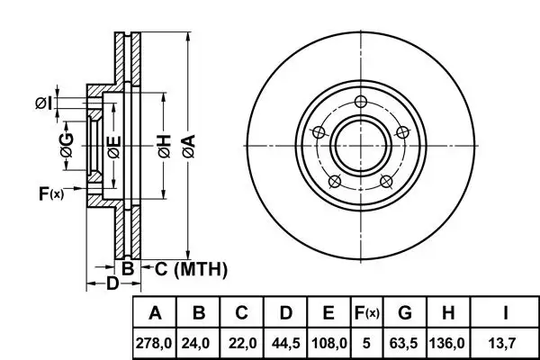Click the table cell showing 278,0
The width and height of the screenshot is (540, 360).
[154, 343]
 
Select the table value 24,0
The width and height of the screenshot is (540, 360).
[195, 343]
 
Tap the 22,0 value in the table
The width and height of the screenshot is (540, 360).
[243, 343]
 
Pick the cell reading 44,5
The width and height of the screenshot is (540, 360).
[286, 343]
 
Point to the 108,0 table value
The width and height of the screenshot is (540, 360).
[329, 343]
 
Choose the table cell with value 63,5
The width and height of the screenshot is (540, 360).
[403, 343]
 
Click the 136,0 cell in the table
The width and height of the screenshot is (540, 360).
[447, 343]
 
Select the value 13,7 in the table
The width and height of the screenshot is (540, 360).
[502, 343]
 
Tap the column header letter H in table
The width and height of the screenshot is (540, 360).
[447, 313]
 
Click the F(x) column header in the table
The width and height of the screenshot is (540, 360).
[367, 313]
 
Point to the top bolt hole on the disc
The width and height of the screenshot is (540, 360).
[361, 102]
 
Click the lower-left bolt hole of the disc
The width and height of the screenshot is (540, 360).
[335, 181]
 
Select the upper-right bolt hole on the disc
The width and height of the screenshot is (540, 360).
[402, 132]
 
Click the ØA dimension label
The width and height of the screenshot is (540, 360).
[189, 146]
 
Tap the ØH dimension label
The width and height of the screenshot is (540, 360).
[165, 146]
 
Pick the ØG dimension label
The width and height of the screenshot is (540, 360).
[67, 145]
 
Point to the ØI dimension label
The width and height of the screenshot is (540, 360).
[44, 103]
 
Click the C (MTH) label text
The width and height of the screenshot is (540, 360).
[191, 269]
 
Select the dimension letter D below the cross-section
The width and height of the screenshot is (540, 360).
[112, 283]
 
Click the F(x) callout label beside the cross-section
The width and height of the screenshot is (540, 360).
[51, 193]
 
